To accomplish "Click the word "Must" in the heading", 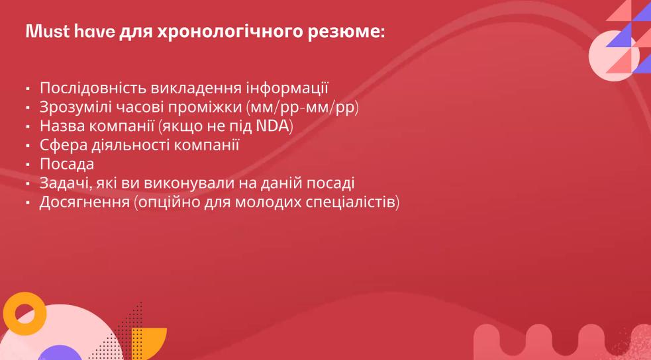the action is [48, 32].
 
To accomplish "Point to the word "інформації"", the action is [287, 88].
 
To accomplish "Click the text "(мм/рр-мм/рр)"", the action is [303, 107].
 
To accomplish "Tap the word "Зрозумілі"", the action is [75, 107].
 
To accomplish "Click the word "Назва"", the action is [62, 126].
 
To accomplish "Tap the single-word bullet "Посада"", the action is [67, 165].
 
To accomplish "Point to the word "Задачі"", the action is [65, 183].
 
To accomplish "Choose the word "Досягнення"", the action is [85, 202].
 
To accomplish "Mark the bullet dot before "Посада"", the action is [28, 165].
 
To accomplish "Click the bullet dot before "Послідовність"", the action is [28, 89].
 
